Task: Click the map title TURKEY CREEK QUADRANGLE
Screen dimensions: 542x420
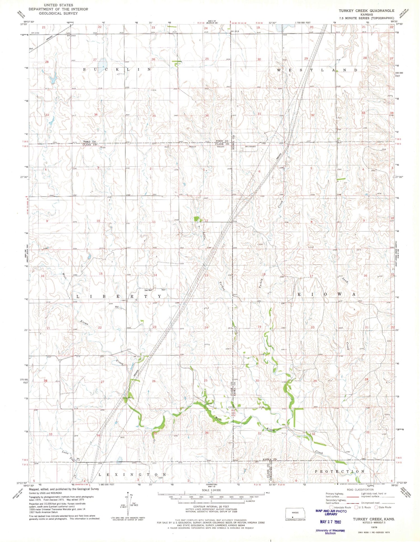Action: point(366,11)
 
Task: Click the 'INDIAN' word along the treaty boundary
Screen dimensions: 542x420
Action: point(192,147)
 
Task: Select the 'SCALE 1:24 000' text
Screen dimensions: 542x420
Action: point(211,490)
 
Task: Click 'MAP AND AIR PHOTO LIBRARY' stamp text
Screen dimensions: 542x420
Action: point(331,512)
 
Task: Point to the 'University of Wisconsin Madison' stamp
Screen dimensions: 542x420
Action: point(330,532)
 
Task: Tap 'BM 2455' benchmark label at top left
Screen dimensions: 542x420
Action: point(35,33)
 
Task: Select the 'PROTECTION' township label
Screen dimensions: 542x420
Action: point(340,471)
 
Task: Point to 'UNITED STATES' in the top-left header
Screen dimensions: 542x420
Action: point(58,5)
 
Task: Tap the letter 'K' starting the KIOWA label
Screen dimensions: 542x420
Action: point(299,294)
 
